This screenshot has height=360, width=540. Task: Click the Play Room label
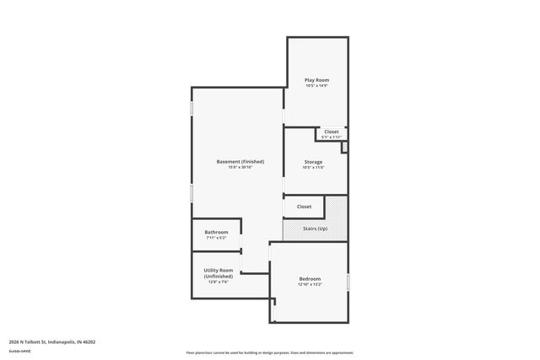[316, 80]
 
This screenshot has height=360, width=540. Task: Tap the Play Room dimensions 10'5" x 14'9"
[316, 86]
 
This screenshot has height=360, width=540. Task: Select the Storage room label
[313, 161]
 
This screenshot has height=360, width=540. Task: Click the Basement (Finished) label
[240, 161]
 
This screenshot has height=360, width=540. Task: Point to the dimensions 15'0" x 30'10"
[240, 167]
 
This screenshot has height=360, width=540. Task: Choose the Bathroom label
[216, 232]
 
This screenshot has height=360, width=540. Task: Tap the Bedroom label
[310, 279]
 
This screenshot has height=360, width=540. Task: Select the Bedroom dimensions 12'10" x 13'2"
[310, 285]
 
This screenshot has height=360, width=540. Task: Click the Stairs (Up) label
[316, 228]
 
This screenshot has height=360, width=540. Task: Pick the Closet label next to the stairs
[304, 207]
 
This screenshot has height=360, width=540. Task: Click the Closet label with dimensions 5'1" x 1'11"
[332, 132]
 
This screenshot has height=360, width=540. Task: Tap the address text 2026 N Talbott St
[51, 341]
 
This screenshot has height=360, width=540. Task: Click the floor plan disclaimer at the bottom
[269, 352]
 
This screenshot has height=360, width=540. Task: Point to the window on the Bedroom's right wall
[348, 280]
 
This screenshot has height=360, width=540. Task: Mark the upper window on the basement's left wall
[192, 110]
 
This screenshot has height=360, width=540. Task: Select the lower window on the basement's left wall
[192, 192]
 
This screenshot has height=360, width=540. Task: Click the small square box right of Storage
[344, 148]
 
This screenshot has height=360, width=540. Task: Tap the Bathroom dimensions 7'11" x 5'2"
[216, 238]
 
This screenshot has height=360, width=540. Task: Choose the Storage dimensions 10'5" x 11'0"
[313, 167]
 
